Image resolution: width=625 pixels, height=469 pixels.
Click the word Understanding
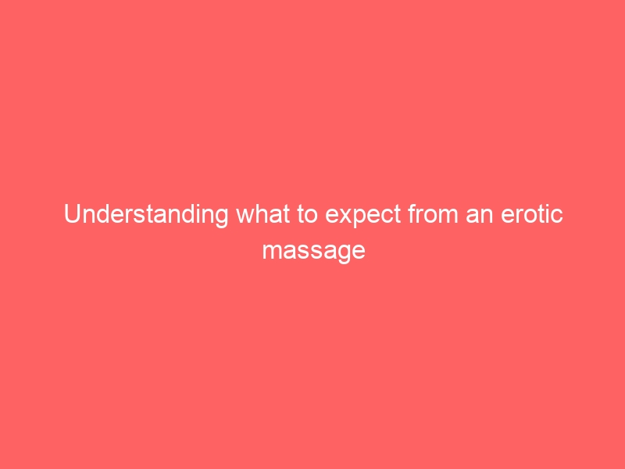pos(146,215)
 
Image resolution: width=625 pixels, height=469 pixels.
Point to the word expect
pos(362,216)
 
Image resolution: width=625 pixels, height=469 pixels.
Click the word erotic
pos(532,214)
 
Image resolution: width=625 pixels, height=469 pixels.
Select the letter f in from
pos(412,213)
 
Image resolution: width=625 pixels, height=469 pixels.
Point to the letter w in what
pos(245,217)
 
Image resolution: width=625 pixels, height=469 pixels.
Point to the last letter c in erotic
pos(557,217)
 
